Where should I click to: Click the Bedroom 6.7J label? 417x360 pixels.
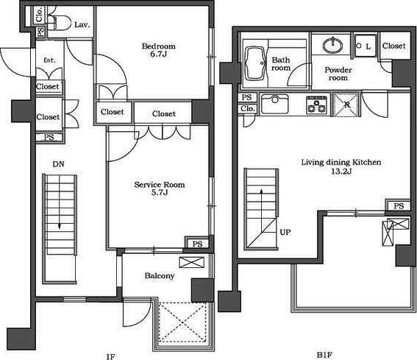tap(159, 50)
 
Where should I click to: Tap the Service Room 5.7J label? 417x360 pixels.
tap(160, 188)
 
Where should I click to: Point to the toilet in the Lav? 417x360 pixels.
tap(59, 22)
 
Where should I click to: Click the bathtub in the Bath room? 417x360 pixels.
tap(255, 63)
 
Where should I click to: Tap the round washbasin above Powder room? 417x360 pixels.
tap(332, 45)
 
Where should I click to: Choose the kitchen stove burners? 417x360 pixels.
tap(316, 105)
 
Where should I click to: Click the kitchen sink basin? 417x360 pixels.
tap(275, 104)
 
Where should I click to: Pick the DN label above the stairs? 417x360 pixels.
tap(59, 164)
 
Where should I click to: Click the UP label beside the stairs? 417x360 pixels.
tap(285, 232)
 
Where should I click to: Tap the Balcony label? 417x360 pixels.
tap(160, 275)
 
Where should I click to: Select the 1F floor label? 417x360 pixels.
tap(110, 356)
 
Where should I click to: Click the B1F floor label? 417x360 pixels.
tap(324, 355)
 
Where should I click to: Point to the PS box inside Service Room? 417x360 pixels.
tap(197, 244)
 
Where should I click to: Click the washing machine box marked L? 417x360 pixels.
tap(366, 46)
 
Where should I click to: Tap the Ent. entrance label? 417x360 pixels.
tap(50, 60)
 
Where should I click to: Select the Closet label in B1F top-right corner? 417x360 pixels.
tap(394, 46)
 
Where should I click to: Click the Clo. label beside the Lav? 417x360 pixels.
tap(40, 15)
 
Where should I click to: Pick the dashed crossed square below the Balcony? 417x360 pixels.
tap(183, 322)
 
